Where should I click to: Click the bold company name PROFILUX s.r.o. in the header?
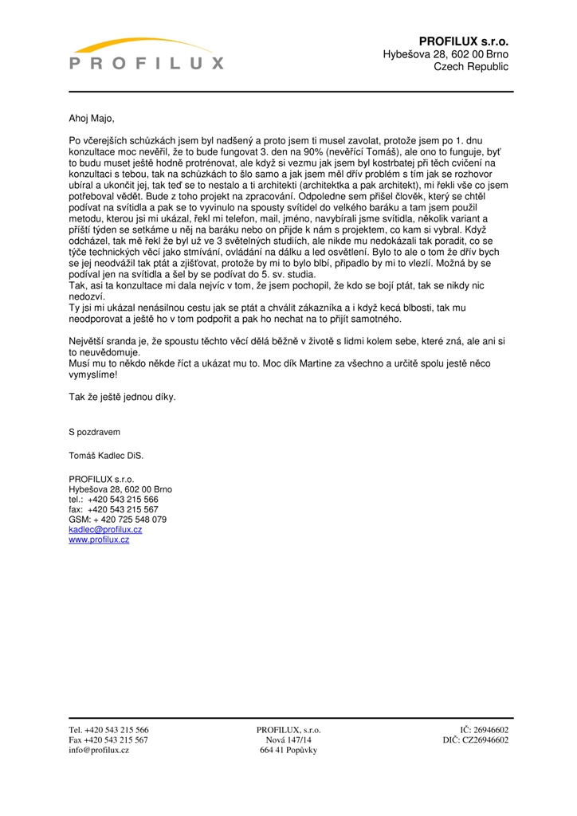(x=463, y=40)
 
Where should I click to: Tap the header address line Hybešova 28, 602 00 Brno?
(x=446, y=53)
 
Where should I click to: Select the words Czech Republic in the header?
(x=471, y=67)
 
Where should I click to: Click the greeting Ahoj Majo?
(x=92, y=120)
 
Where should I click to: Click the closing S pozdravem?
(x=94, y=432)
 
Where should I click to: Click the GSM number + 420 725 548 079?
(x=118, y=520)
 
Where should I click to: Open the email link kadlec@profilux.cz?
(x=105, y=529)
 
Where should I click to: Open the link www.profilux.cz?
(x=99, y=539)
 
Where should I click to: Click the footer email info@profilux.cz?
(x=99, y=751)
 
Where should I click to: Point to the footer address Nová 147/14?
(x=288, y=740)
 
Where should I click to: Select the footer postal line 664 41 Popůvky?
(x=288, y=751)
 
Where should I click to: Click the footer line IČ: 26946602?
(x=485, y=729)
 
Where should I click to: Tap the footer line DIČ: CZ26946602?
(x=476, y=740)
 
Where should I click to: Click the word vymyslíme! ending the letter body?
(x=93, y=374)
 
